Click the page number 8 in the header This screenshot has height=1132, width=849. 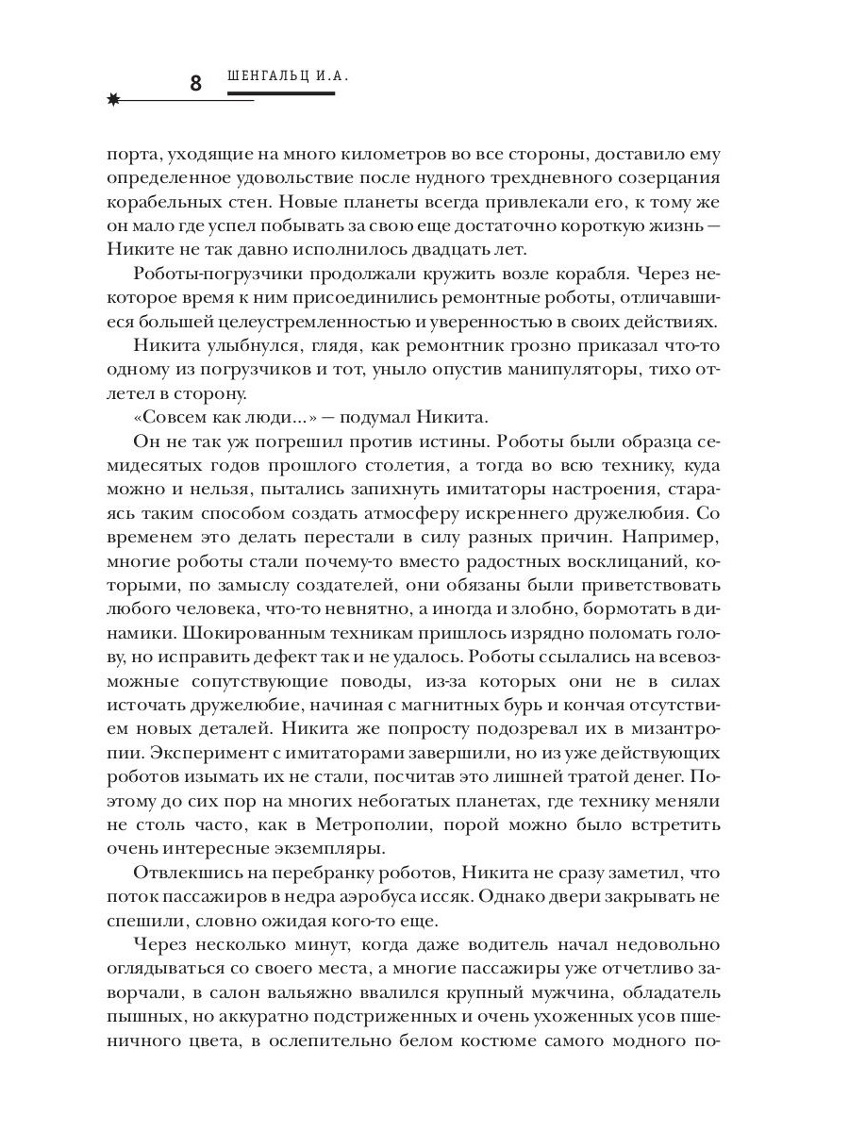click(x=195, y=83)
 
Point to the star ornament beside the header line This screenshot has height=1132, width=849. click(x=114, y=100)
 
